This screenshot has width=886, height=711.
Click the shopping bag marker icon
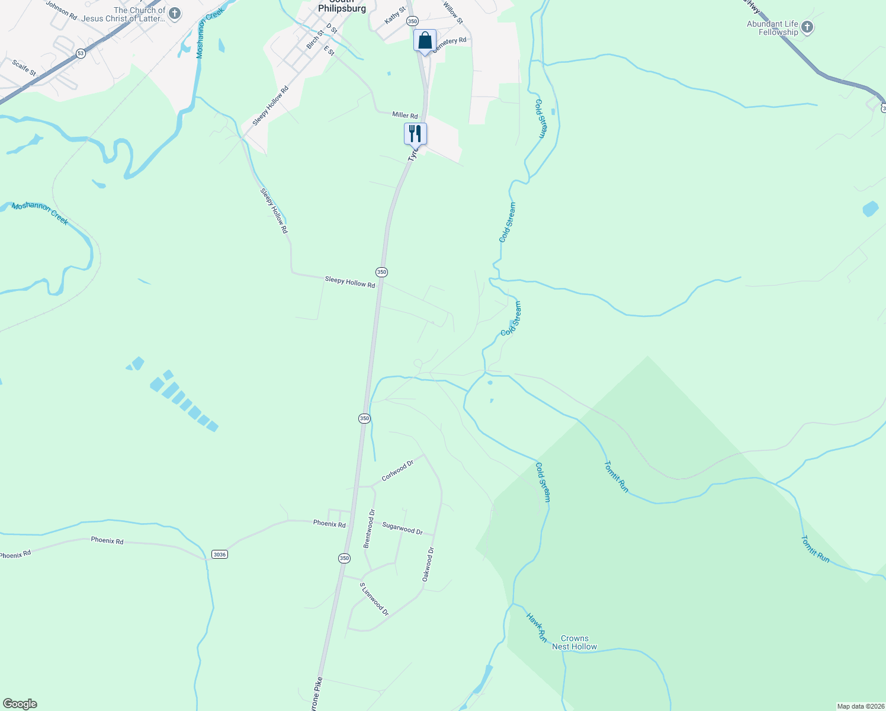tap(425, 40)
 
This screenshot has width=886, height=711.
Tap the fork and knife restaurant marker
tap(415, 133)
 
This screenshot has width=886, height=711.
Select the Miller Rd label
tap(405, 116)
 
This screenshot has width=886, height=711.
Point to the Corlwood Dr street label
tap(397, 471)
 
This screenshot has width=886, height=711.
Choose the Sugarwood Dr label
tap(402, 528)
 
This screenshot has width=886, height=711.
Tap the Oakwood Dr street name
tap(428, 564)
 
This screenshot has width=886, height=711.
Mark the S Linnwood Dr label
tap(374, 599)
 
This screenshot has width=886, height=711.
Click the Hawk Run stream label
tap(537, 627)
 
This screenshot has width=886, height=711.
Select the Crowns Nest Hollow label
tap(574, 643)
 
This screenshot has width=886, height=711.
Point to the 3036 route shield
tap(219, 555)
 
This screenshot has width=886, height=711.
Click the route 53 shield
tap(81, 53)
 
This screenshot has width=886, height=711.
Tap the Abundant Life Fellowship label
tap(772, 28)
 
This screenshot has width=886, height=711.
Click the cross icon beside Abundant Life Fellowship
tap(807, 27)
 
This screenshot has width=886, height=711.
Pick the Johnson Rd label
tap(62, 11)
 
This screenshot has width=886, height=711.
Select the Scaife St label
tap(24, 67)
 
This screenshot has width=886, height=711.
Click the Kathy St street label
tap(395, 15)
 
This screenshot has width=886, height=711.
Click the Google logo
tap(20, 704)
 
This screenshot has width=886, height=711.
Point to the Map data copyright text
tap(861, 706)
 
